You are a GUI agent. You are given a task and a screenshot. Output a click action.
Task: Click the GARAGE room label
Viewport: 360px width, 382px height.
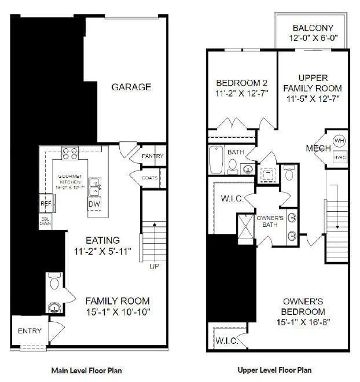[x=131, y=87]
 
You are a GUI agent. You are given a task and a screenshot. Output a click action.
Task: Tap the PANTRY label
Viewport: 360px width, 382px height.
[x=152, y=156]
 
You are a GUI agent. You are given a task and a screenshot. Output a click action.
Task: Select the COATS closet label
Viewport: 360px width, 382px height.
[x=150, y=178]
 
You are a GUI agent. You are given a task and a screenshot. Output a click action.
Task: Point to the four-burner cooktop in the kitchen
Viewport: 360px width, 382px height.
[x=70, y=153]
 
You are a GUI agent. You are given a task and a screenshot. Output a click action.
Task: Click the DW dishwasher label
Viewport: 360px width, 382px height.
[x=94, y=204]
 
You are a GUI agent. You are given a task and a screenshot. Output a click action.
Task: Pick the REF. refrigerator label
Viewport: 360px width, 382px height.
[x=46, y=204]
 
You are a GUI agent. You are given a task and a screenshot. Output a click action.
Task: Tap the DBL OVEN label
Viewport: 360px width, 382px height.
[x=45, y=221]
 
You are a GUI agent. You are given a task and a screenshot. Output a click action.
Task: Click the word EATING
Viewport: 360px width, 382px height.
[x=103, y=240]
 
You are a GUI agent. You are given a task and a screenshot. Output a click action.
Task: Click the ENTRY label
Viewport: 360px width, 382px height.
[x=30, y=331]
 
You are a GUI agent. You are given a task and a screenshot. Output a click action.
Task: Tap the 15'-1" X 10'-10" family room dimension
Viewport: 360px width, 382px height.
[x=118, y=312]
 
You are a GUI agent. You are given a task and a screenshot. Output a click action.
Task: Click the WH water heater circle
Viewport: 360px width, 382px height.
[x=339, y=141]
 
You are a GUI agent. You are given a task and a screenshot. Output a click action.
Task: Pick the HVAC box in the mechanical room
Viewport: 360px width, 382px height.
[x=339, y=157]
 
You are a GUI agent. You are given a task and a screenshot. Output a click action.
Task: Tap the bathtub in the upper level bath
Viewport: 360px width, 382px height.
[x=216, y=159]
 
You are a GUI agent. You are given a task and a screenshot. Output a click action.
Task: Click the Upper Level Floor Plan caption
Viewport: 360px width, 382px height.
[x=275, y=370]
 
